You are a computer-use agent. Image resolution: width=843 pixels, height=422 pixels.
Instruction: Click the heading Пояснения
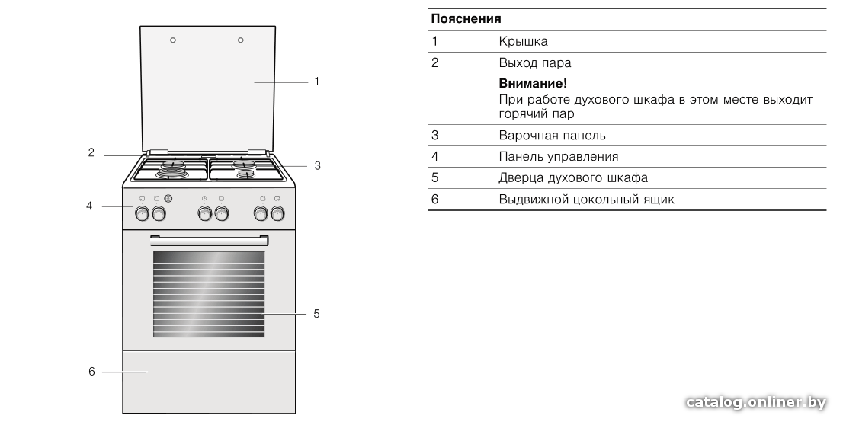click(466, 19)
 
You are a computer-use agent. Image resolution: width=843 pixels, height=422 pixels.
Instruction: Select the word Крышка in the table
click(523, 41)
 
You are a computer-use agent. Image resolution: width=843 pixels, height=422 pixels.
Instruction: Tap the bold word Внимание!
click(533, 83)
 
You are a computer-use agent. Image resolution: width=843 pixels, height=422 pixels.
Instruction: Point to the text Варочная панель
click(552, 136)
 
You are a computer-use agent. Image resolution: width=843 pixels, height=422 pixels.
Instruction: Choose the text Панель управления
click(559, 156)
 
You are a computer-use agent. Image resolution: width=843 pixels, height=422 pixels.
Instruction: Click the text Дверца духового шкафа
click(573, 178)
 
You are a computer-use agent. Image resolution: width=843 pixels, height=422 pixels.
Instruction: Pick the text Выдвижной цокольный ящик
click(587, 200)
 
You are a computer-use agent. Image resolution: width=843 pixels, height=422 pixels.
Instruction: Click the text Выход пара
click(535, 63)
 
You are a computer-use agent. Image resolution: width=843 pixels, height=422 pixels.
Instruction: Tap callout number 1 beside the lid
click(316, 82)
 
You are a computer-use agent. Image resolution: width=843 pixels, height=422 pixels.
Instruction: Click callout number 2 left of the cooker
click(91, 152)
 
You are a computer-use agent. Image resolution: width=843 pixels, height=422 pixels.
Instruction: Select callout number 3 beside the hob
click(317, 165)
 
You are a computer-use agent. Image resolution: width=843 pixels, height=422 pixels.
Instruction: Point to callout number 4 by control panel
click(89, 206)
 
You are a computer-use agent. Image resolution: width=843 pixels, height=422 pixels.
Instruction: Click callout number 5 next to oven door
click(316, 313)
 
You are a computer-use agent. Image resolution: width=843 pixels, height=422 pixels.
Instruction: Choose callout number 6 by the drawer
click(91, 372)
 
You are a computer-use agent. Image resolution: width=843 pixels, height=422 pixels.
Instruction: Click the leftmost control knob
click(142, 214)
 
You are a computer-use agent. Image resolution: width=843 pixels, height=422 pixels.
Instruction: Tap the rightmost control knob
click(277, 214)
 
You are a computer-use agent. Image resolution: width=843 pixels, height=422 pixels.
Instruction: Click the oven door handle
click(209, 240)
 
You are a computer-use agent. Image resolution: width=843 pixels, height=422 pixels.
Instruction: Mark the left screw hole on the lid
click(173, 40)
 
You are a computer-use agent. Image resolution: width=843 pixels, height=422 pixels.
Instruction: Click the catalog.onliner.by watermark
click(756, 402)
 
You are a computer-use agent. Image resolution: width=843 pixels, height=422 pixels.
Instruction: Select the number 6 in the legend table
click(435, 200)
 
